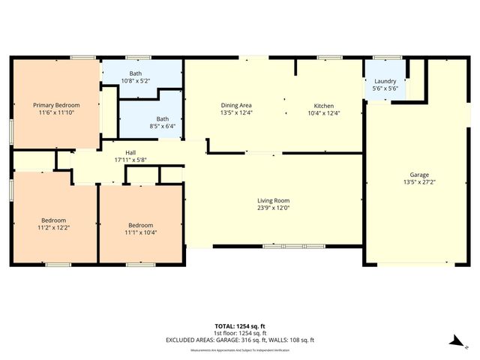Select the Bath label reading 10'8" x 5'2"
point(135,74)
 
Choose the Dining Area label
point(237,106)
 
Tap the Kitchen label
point(324,106)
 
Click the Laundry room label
point(385,82)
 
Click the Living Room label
point(273,200)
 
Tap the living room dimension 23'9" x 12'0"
point(273,208)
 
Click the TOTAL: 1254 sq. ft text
point(240,326)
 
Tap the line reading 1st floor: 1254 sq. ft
point(240,333)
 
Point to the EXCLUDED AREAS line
point(240,340)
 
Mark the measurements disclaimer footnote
point(240,350)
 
